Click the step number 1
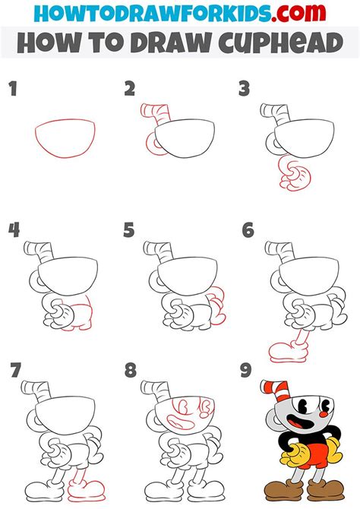pyautogui.click(x=12, y=90)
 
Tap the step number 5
pyautogui.click(x=128, y=230)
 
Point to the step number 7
pyautogui.click(x=14, y=371)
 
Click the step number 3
pyautogui.click(x=245, y=90)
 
